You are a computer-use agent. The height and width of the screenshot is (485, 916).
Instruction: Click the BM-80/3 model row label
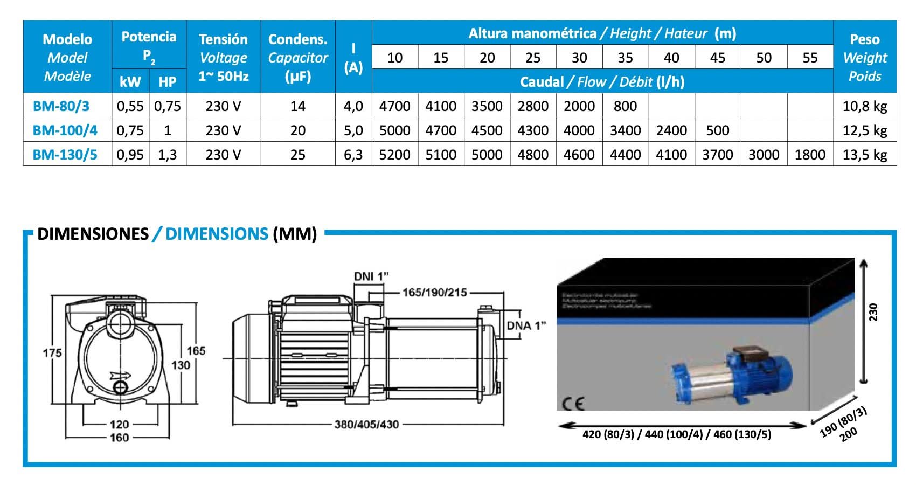[61, 106]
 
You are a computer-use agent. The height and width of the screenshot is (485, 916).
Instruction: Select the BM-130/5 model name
[65, 155]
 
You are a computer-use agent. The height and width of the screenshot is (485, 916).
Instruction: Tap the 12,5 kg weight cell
[864, 130]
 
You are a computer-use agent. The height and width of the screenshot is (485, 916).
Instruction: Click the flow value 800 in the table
[625, 106]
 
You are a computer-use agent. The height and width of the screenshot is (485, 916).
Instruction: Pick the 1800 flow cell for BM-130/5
[810, 155]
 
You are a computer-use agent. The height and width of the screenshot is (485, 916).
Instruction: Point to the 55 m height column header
[810, 58]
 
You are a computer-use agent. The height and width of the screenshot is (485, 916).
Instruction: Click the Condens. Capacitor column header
[298, 57]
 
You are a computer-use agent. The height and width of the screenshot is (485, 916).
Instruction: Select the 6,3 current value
[353, 155]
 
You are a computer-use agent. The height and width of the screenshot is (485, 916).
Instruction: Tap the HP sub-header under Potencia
[168, 81]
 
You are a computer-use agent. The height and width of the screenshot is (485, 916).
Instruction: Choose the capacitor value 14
[298, 106]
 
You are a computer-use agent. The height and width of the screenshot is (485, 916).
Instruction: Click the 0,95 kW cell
[130, 155]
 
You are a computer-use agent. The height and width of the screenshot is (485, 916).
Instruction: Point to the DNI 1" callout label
[371, 276]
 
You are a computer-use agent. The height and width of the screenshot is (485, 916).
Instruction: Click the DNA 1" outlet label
[526, 325]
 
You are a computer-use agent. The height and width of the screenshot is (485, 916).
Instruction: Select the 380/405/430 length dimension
[366, 425]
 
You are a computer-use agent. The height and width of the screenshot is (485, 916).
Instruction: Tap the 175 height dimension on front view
[52, 353]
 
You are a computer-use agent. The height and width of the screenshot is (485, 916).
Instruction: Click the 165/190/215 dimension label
[435, 293]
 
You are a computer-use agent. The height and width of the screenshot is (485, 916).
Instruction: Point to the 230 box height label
[873, 313]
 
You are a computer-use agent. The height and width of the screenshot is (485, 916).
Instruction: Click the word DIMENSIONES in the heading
[93, 234]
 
